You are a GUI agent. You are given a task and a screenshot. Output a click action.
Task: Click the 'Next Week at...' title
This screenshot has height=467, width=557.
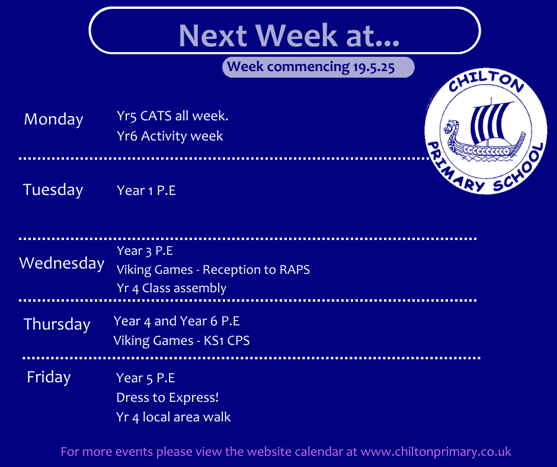(289, 35)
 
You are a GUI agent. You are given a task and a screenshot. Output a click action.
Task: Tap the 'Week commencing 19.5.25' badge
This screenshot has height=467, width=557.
(318, 67)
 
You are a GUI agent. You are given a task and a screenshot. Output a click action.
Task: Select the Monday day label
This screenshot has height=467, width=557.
(54, 119)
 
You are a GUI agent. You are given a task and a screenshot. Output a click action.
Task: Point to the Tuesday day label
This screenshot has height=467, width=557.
(53, 190)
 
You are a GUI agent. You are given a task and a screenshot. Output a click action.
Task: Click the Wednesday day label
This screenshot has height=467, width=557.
(62, 263)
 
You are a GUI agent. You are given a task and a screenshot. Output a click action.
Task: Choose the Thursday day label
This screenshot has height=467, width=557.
(57, 325)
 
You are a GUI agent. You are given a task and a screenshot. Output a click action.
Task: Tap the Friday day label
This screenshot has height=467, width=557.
(49, 377)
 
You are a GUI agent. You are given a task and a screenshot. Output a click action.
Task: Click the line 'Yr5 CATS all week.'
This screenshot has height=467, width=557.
(172, 116)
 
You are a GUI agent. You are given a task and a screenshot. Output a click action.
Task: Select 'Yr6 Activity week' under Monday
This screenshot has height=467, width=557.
(170, 136)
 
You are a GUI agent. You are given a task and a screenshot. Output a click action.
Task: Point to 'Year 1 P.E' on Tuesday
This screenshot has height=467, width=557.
(146, 190)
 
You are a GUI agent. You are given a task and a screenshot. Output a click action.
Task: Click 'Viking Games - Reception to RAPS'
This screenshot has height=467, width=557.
(213, 270)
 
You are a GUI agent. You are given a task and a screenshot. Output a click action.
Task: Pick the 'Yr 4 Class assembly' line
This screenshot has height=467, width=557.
(172, 288)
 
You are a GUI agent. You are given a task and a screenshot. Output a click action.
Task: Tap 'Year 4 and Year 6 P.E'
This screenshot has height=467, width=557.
(177, 321)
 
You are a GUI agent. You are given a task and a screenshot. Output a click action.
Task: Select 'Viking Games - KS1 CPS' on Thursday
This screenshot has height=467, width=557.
(181, 341)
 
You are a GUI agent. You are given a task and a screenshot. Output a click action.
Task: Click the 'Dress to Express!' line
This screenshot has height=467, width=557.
(167, 398)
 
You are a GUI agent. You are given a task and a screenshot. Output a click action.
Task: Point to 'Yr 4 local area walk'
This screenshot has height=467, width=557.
(174, 417)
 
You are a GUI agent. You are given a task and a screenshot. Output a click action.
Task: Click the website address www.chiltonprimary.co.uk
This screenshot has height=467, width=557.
(436, 452)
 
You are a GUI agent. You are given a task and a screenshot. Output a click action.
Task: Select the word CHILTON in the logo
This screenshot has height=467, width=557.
(486, 81)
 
